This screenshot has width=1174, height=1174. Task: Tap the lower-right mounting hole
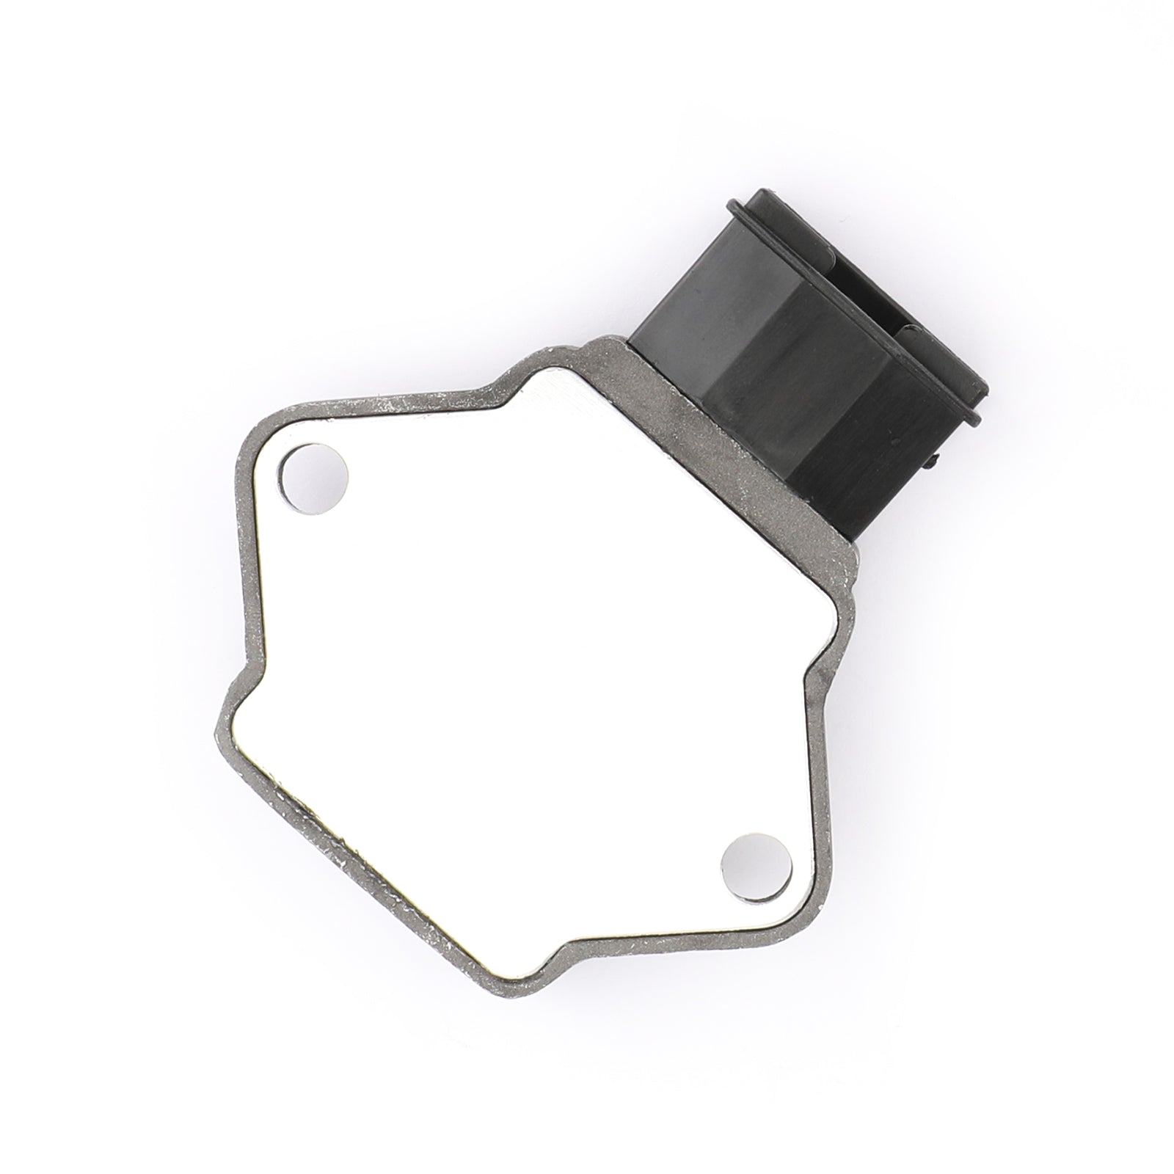pyautogui.click(x=758, y=869)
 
